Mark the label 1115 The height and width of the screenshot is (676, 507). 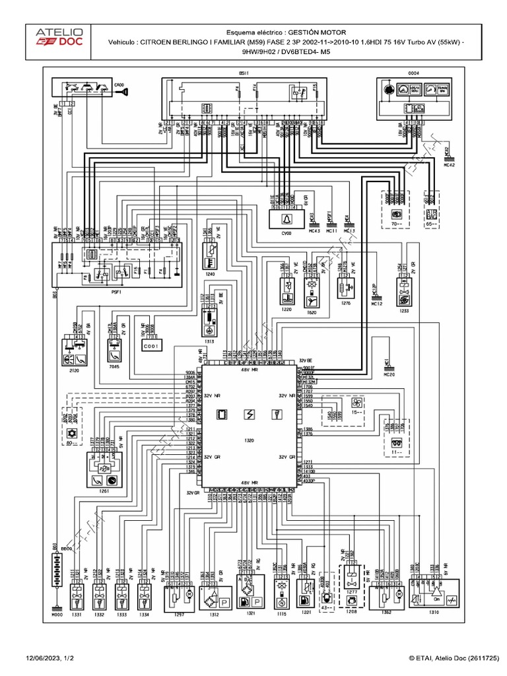click(282, 613)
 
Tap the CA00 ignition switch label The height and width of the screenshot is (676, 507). click(119, 84)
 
